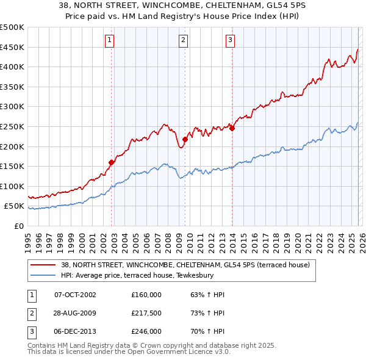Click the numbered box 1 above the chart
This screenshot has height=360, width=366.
point(109,41)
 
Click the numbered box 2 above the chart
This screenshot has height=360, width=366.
point(183,41)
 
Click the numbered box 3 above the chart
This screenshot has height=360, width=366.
point(230,41)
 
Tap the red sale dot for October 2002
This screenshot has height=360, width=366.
point(112,162)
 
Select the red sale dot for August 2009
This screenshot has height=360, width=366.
point(185,140)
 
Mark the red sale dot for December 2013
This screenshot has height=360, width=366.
point(232,128)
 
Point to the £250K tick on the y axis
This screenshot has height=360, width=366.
point(12,126)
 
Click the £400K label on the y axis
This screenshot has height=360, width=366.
point(12,67)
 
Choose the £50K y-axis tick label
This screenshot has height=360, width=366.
point(15,206)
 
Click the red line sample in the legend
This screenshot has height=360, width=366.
point(44,265)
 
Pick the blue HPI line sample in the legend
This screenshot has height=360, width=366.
point(44,275)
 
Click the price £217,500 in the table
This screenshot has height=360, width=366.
point(146,313)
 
